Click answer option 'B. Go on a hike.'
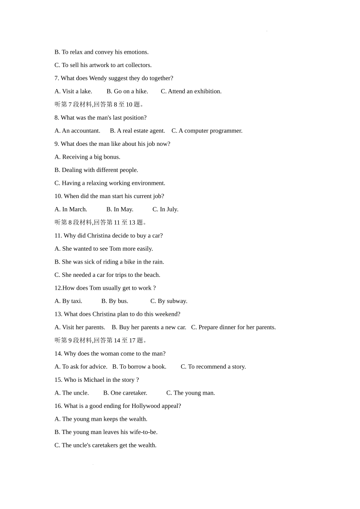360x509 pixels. coord(127,91)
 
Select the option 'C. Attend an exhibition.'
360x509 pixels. coord(191,91)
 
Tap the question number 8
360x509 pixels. coord(56,118)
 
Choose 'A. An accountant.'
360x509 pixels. coord(77,131)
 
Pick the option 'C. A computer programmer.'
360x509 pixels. coord(207,131)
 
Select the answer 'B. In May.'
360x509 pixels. coord(120,209)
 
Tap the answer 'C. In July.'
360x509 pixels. coord(165,209)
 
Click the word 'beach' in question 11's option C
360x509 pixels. coord(151,275)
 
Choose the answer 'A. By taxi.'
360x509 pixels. coord(68,301)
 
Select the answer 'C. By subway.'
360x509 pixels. coord(169,301)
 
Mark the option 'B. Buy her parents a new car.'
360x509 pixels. coord(149,327)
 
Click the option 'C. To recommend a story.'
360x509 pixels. coord(213,367)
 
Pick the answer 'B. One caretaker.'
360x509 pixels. coord(125,393)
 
